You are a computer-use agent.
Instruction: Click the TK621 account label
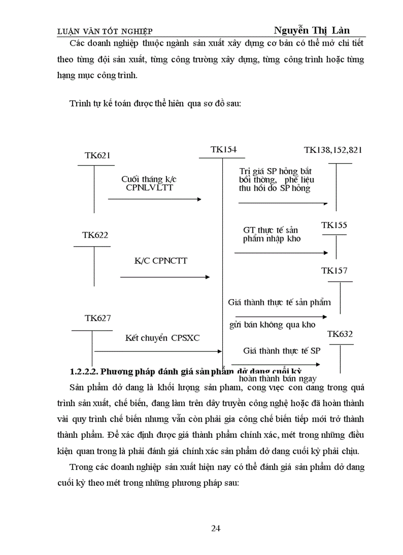[97, 155]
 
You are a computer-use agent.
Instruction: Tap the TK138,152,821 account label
[333, 150]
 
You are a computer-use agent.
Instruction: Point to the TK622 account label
[95, 235]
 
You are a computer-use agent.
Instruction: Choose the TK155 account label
[334, 225]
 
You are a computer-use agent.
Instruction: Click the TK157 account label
[334, 271]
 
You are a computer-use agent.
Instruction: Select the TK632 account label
[340, 334]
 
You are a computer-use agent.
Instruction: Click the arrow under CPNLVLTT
[155, 199]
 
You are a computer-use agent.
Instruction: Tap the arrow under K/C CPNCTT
[165, 277]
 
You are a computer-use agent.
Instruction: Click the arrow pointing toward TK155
[281, 253]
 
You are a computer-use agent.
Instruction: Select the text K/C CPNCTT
[161, 260]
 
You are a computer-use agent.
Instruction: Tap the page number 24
[216, 528]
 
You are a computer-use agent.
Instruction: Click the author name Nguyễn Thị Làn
[312, 31]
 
